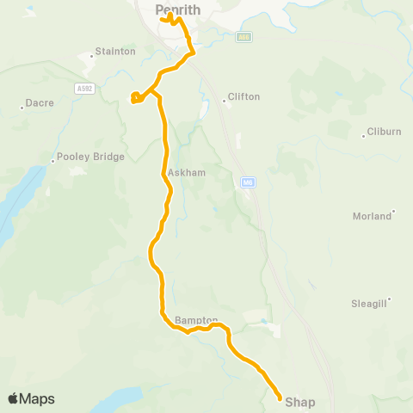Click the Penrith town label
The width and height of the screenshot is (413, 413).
[178, 9]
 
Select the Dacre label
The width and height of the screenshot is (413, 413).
[40, 103]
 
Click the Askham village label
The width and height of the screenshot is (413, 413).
[187, 172]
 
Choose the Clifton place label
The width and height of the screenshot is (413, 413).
[244, 97]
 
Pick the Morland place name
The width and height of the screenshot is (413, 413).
[372, 216]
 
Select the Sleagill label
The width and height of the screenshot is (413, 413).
[370, 304]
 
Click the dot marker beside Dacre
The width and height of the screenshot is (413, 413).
[22, 108]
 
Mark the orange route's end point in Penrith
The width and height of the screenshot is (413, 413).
[162, 17]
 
